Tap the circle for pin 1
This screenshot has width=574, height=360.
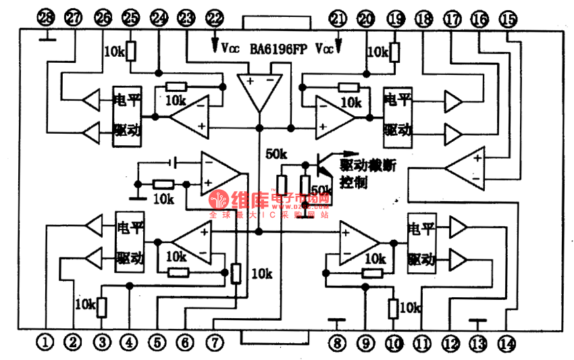pos(45,342)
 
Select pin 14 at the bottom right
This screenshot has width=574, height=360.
pos(506,342)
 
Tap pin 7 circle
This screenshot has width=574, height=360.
pos(214,342)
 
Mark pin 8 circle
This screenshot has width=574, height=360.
pos(336,342)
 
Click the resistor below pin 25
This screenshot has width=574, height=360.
pos(130,51)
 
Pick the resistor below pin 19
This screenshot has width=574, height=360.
pos(394,51)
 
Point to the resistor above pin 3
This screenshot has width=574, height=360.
pos(102,307)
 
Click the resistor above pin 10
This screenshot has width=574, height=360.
pos(394,309)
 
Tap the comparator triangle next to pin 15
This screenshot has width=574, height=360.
pos(467,168)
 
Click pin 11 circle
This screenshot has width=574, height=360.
pos(423,342)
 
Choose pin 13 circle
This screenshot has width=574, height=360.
pos(478,342)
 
